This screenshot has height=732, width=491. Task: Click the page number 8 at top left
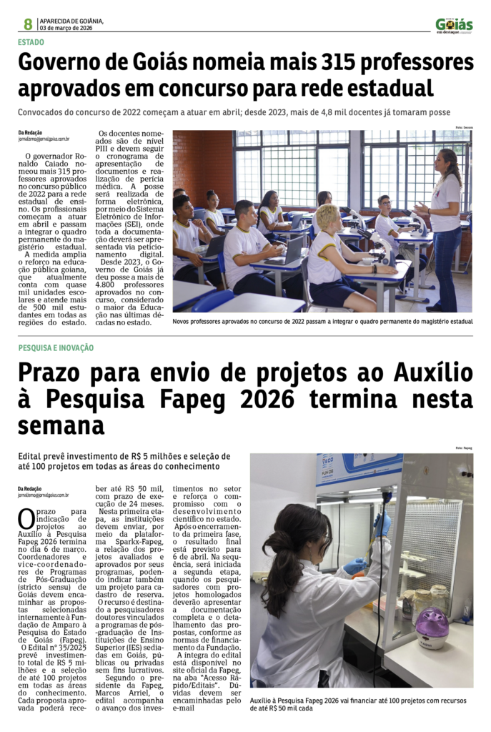28,24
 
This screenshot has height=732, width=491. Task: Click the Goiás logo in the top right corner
454,25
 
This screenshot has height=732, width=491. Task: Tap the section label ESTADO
31,42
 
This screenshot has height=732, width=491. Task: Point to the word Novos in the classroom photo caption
184,322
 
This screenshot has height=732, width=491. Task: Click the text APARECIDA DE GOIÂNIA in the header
71,21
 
